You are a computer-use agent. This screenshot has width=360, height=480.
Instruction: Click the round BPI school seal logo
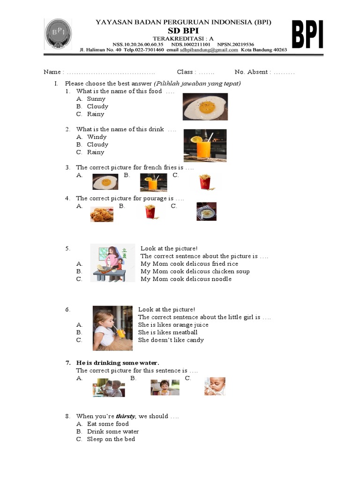[x=59, y=35]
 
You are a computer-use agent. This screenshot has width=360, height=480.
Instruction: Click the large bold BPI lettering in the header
[x=307, y=35]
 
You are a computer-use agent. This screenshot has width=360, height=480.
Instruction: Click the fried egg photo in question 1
[x=205, y=107]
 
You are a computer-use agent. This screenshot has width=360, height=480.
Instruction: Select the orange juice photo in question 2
[x=205, y=145]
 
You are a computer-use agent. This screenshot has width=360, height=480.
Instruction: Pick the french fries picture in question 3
[x=204, y=181]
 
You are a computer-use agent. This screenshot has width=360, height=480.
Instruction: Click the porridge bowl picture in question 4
[x=206, y=211]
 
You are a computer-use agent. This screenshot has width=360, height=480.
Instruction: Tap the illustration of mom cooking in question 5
[x=112, y=263]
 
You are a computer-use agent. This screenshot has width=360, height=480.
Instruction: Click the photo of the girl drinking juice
[x=112, y=328]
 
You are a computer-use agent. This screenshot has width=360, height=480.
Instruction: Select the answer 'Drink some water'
[x=113, y=431]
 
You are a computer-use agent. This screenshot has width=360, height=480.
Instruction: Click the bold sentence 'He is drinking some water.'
[x=118, y=363]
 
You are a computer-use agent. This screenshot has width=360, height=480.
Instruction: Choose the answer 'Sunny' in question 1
[x=96, y=99]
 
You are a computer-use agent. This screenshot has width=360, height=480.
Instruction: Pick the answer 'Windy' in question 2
[x=97, y=137]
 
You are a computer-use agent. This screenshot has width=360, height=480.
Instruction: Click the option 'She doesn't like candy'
[x=171, y=340]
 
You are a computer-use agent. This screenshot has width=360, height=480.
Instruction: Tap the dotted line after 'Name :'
[x=111, y=72]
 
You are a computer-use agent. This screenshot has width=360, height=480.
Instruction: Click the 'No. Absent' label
[x=251, y=72]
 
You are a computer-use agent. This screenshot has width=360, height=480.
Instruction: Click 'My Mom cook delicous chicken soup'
[x=195, y=271]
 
